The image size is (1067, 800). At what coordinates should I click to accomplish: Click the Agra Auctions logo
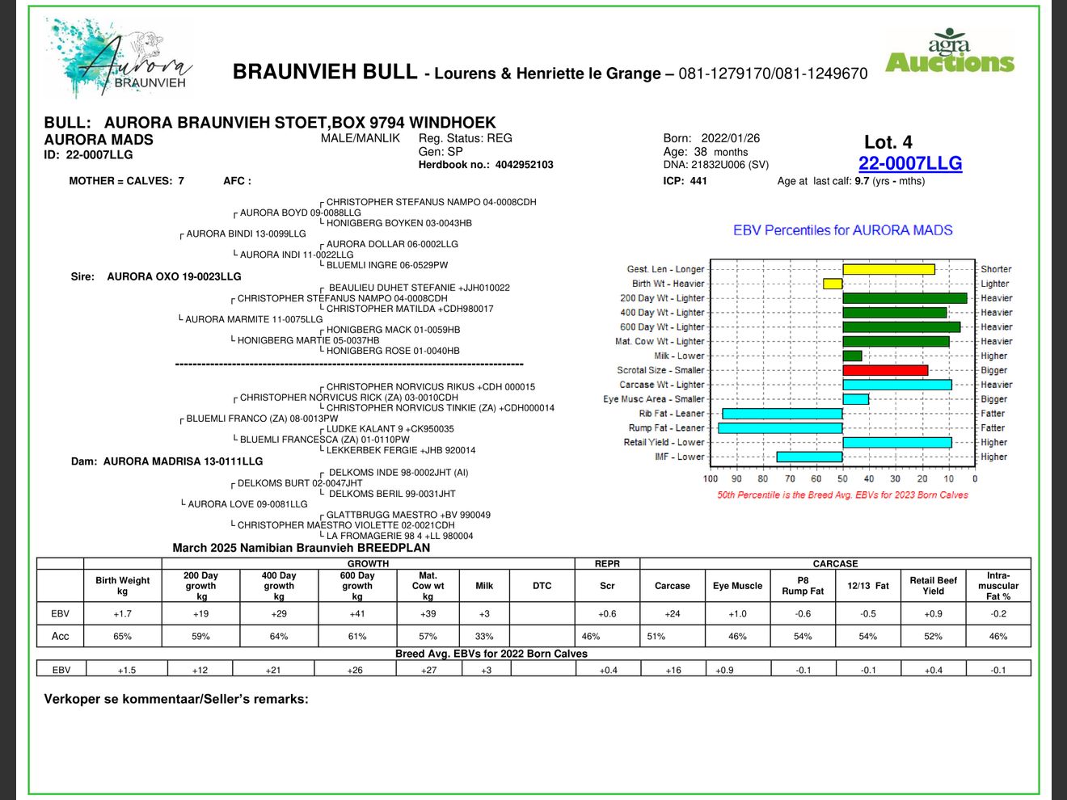pos(950,53)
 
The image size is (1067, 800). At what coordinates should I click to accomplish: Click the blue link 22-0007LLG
pos(909,163)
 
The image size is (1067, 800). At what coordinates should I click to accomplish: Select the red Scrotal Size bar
pos(885,370)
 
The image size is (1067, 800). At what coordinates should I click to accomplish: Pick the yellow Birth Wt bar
pos(833,284)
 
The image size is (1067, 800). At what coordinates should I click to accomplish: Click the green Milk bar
pos(852,356)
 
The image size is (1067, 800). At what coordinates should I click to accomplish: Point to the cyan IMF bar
pos(809,457)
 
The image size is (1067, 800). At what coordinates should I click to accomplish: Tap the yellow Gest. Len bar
pos(888,269)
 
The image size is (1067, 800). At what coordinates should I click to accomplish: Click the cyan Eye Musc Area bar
pos(855,399)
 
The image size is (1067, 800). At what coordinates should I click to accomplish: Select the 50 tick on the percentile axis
pos(842,478)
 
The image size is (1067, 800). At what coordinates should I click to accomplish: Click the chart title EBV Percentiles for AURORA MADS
pos(842,230)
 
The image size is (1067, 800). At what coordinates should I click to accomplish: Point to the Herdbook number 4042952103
pos(524,165)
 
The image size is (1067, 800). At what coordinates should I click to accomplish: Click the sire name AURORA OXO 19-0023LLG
pos(174,276)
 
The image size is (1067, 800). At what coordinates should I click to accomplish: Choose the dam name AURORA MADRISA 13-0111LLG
pos(183,461)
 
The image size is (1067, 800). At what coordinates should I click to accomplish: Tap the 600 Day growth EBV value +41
pos(356,614)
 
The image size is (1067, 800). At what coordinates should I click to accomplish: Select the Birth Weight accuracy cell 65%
pos(122,637)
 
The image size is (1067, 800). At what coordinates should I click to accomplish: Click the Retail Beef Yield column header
pos(933,586)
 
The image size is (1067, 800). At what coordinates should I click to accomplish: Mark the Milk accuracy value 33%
pos(484,637)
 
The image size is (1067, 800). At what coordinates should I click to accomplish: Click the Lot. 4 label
pos(888,142)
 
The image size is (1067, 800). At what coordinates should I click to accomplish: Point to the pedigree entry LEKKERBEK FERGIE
pos(401,450)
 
